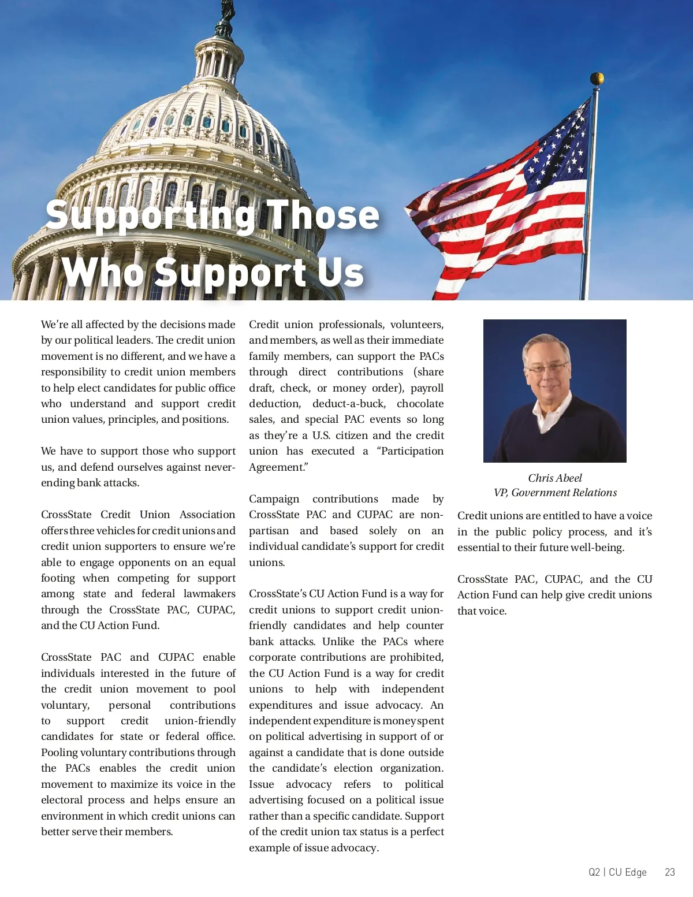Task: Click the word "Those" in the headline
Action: pyautogui.click(x=322, y=215)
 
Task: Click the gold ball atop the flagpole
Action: pyautogui.click(x=597, y=79)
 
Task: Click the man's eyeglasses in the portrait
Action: pyautogui.click(x=546, y=368)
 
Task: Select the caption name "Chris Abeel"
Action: pyautogui.click(x=554, y=478)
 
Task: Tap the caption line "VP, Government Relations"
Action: pyautogui.click(x=554, y=493)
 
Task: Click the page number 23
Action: pyautogui.click(x=669, y=872)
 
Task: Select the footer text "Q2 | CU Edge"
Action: pyautogui.click(x=617, y=872)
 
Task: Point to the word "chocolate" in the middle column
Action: pyautogui.click(x=420, y=404)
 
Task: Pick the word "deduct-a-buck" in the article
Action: pyautogui.click(x=348, y=404)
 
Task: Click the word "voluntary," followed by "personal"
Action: pyautogui.click(x=65, y=705)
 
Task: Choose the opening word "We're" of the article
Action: pyautogui.click(x=55, y=325)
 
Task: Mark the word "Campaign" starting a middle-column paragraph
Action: pyautogui.click(x=274, y=499)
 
